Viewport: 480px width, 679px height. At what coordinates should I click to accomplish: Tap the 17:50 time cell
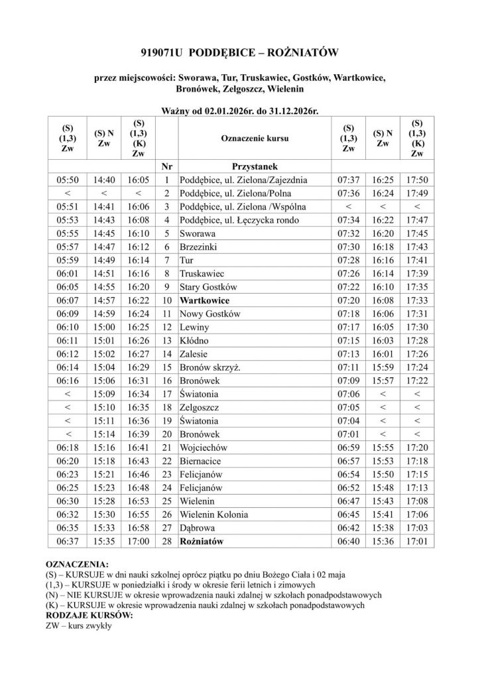(417, 180)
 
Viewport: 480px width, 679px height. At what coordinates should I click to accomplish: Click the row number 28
(166, 541)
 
